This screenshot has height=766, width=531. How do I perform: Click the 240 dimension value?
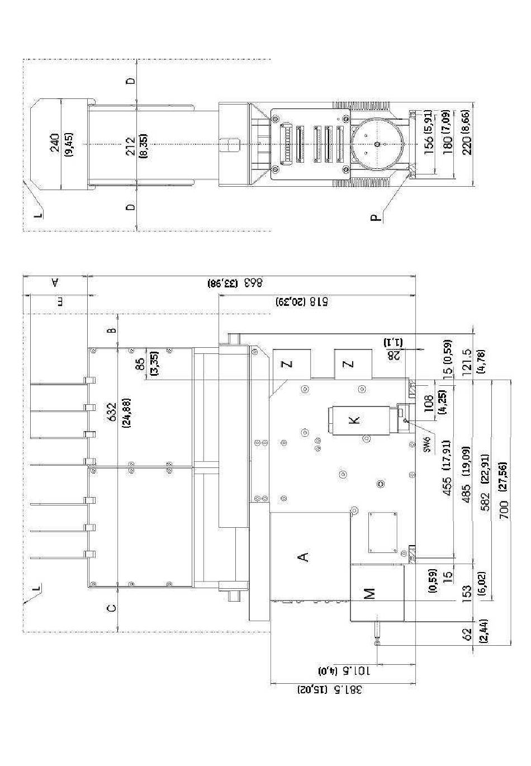tap(55, 144)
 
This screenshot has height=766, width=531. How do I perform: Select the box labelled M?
tap(371, 593)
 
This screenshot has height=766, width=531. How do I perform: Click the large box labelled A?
tap(304, 556)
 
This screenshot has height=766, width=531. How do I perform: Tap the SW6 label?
tap(426, 446)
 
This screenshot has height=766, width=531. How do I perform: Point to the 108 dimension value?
tap(429, 404)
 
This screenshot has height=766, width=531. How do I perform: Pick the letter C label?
tap(112, 608)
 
